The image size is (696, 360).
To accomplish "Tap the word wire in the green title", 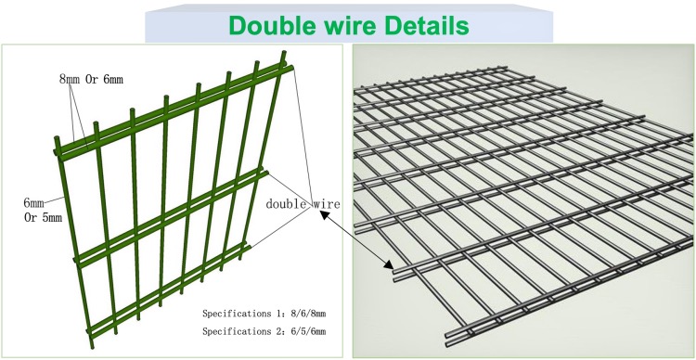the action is [345, 24].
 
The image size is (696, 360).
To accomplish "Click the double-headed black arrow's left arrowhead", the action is [324, 215].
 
